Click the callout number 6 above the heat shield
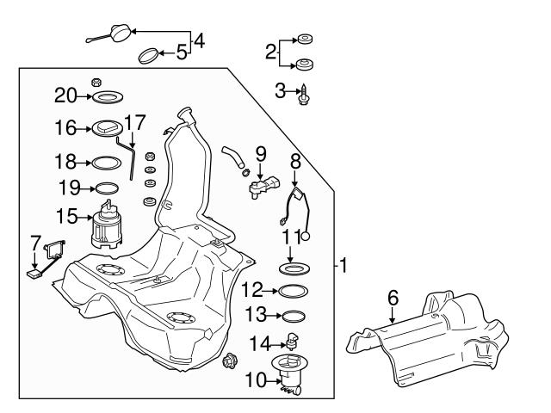393,297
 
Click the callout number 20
65,95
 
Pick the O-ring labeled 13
294,315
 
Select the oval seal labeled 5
150,57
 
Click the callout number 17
135,121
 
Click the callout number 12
251,289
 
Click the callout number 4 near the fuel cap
200,40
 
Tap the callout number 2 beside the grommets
271,52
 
